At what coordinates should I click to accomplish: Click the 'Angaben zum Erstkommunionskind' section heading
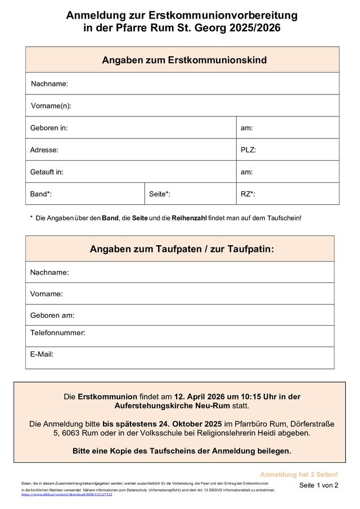(x=184, y=60)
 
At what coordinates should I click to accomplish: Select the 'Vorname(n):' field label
(x=51, y=106)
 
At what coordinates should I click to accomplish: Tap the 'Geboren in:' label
(x=49, y=128)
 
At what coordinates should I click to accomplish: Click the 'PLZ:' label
(x=248, y=150)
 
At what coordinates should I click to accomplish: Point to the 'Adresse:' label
(x=44, y=150)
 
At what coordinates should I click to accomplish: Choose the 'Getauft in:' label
(x=47, y=172)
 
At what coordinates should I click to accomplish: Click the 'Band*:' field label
(x=41, y=194)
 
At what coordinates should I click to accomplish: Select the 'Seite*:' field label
(x=160, y=194)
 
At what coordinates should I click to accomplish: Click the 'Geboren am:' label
(x=52, y=316)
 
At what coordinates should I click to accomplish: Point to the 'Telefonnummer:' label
(x=57, y=333)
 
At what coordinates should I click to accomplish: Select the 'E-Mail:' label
(x=42, y=354)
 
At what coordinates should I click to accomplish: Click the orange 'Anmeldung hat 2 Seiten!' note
(x=299, y=475)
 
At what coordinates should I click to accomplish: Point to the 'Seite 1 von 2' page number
(x=318, y=485)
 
